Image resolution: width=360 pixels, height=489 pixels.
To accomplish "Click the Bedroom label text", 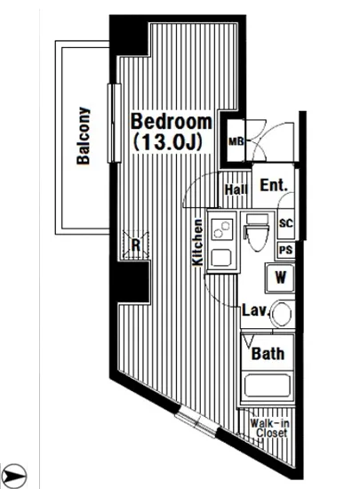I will coord(172,122).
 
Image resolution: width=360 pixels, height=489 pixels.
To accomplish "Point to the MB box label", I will coord(236,141).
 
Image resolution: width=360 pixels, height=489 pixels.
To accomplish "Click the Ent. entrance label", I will coord(273,186).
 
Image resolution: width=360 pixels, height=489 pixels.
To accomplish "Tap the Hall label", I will coord(236,188).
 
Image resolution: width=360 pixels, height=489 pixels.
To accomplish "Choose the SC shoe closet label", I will coord(286,224).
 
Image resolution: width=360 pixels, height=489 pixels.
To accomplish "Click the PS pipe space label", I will coord(286,250).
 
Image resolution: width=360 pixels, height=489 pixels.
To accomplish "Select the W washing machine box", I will coord(280,277).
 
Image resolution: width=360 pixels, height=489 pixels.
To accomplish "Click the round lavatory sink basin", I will coord(282,314).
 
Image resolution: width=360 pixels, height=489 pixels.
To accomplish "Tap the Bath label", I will coord(268,353).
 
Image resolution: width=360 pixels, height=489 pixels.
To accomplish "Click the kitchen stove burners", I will coord(220,228).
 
